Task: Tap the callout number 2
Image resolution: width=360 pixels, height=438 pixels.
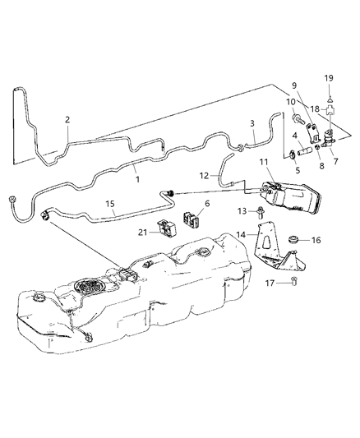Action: point(68,120)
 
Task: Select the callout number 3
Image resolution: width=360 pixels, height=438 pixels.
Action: point(252,122)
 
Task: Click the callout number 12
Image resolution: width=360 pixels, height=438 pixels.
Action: point(203,175)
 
